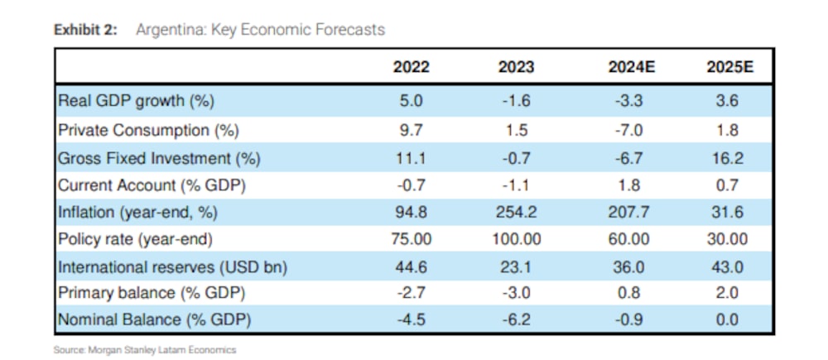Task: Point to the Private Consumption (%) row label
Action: coord(147,130)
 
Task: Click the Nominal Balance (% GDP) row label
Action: coord(154,319)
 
